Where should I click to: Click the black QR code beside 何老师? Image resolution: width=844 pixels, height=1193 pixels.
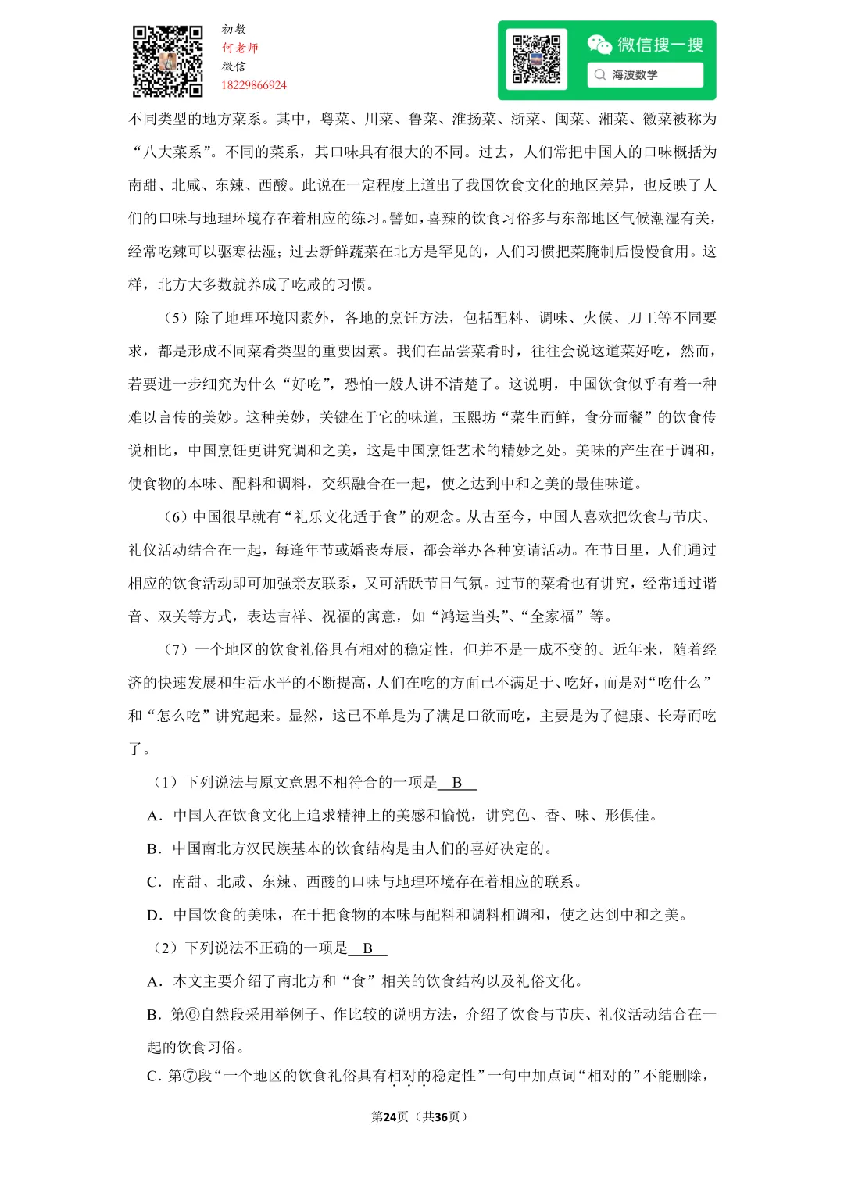[167, 61]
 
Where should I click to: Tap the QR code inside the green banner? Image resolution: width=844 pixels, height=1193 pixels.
[536, 59]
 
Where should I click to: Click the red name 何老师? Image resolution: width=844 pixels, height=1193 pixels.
[240, 48]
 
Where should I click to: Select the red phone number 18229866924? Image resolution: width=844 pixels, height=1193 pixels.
[254, 85]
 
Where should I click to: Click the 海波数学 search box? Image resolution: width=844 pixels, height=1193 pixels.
[645, 75]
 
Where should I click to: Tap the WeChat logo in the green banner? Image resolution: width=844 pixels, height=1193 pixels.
[599, 45]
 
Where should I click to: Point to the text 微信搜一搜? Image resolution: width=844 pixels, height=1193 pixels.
[660, 45]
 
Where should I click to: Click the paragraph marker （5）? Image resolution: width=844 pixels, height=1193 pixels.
[176, 318]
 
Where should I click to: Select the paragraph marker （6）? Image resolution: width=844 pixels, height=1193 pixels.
[176, 517]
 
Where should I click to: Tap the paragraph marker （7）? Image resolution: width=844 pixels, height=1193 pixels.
[176, 650]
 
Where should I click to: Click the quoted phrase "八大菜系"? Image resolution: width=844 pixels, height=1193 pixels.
[173, 152]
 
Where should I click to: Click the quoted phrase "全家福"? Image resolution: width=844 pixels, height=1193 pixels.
[553, 616]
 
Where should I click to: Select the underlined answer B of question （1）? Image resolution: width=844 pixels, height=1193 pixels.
[457, 783]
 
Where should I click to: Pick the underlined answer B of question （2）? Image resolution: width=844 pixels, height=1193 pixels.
[367, 948]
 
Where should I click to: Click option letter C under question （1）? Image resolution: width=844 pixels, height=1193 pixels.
[154, 882]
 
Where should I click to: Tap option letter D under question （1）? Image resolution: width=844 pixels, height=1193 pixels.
[154, 916]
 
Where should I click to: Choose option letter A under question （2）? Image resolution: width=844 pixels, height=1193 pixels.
[154, 982]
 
